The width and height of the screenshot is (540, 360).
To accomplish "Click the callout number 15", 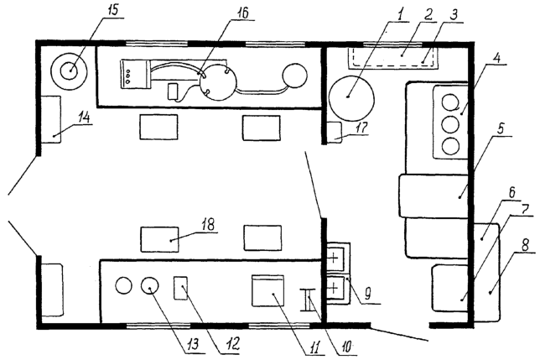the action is tap(112, 9).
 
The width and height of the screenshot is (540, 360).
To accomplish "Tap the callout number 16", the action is tap(242, 13).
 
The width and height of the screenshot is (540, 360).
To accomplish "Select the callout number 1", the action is tap(399, 15).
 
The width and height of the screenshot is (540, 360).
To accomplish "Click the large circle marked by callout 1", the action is tap(351, 97).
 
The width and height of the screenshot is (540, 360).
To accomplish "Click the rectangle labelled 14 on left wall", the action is tap(51, 119).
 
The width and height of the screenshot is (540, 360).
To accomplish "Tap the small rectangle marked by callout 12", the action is tap(181, 288).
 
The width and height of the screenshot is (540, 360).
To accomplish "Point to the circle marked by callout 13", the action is tap(150, 285).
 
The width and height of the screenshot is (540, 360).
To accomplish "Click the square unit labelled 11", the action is tap(268, 290).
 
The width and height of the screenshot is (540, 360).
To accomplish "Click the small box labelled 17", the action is tap(334, 133).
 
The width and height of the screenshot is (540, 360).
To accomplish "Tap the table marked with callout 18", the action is tap(160, 239).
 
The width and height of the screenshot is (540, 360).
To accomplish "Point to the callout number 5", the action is tap(501, 129).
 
